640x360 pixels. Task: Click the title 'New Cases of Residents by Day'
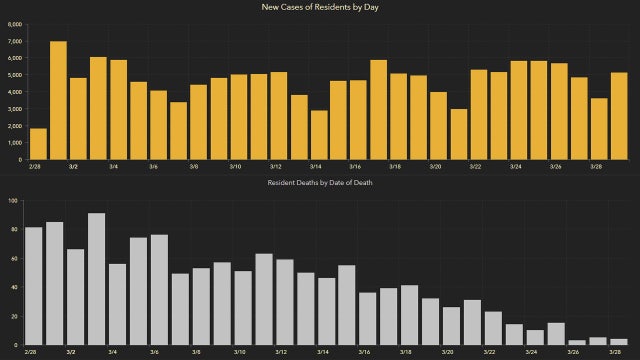[320, 8]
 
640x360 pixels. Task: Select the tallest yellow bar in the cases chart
[58, 100]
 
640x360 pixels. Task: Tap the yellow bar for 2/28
[38, 144]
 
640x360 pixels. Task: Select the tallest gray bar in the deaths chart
[97, 279]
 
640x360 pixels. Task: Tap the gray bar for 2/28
[33, 286]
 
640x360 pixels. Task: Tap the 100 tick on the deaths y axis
[13, 201]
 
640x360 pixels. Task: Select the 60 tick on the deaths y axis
[14, 259]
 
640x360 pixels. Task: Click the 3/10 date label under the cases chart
[235, 167]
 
